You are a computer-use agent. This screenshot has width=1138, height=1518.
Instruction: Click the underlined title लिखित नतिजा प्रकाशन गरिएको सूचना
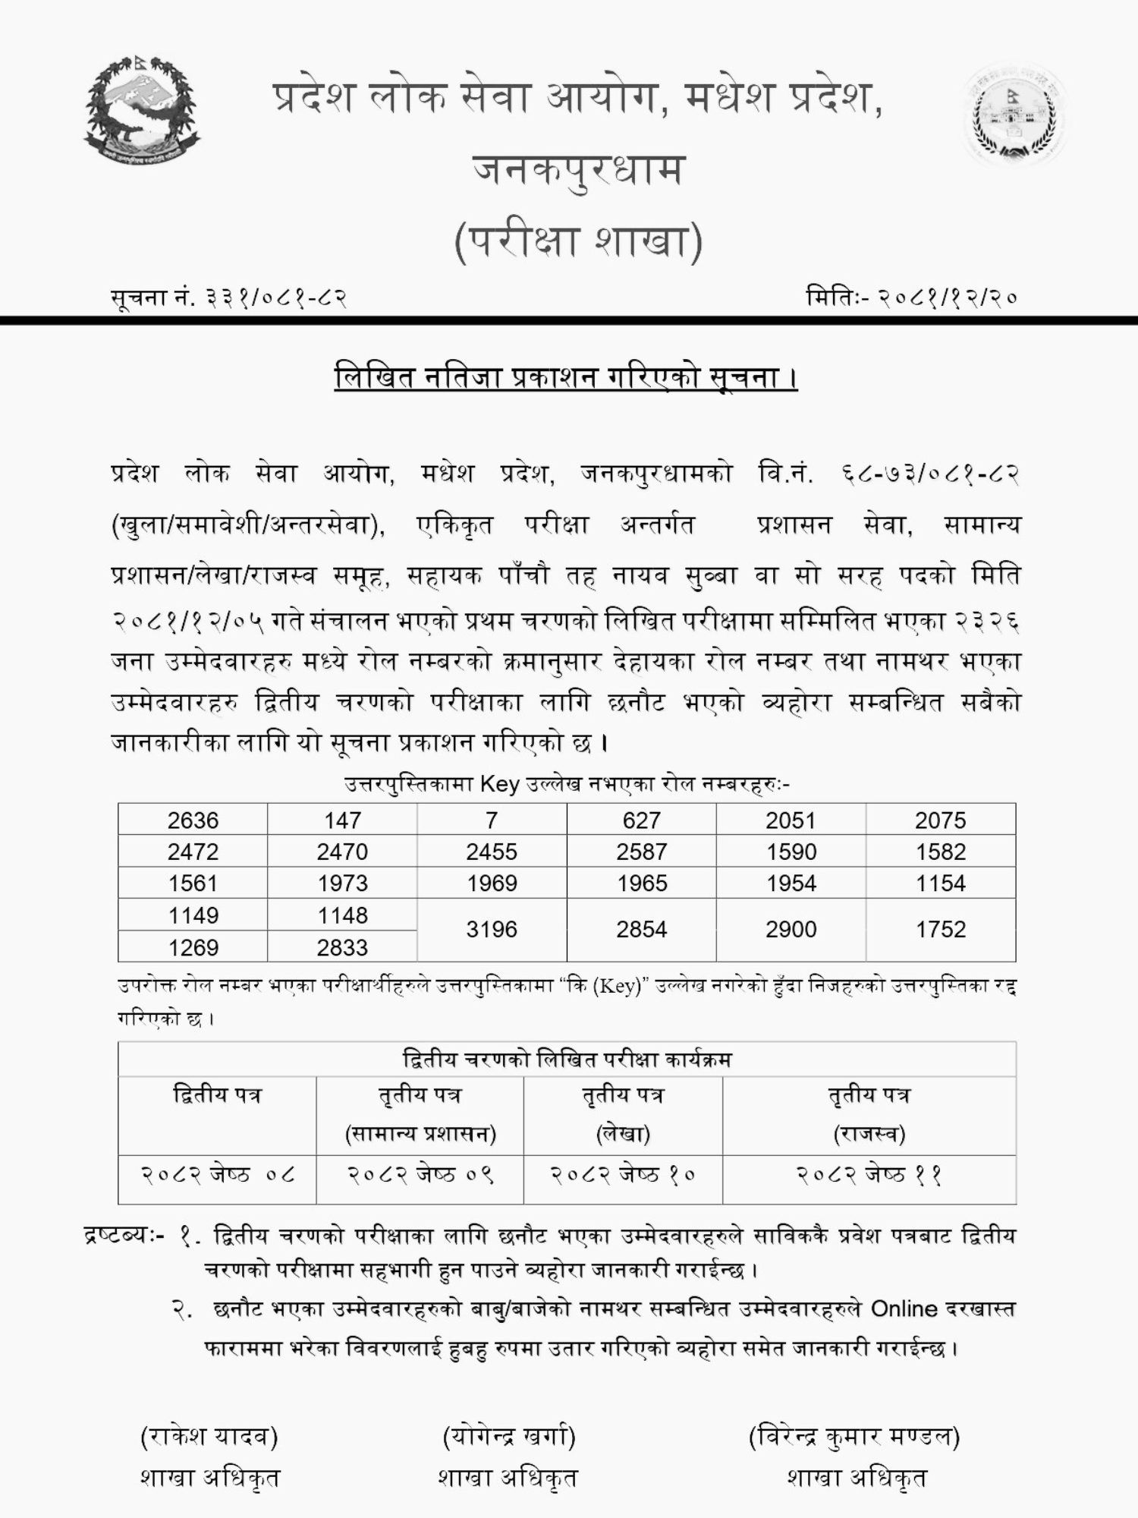566,378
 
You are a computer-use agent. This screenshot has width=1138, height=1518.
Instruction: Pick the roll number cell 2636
193,820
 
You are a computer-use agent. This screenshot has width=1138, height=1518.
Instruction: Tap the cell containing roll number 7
492,820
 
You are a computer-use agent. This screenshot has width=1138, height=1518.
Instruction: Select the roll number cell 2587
641,852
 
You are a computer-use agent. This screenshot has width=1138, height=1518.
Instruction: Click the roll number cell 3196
492,930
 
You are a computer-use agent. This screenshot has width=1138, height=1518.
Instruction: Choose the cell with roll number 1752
941,930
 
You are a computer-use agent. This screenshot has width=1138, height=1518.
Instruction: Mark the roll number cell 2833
342,947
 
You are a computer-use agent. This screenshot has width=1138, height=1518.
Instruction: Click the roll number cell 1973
342,883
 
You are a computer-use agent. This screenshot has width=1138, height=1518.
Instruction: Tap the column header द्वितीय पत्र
218,1095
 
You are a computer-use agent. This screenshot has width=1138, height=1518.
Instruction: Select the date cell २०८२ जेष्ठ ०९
420,1175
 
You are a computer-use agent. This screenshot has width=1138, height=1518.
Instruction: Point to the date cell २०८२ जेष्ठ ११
869,1175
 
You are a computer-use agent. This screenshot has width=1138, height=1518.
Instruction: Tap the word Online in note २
904,1309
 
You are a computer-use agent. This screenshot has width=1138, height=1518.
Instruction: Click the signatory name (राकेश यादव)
209,1436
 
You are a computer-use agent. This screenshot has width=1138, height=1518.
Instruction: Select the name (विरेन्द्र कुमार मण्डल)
854,1436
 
